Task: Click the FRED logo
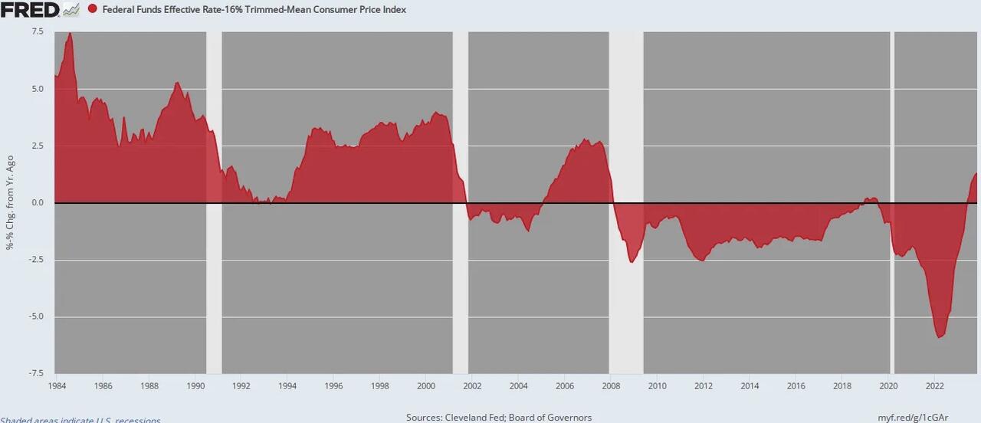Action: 31,9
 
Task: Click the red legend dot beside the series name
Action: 93,10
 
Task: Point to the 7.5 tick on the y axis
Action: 38,31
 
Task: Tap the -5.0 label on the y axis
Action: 36,316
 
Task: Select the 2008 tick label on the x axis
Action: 611,385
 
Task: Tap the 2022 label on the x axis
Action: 934,385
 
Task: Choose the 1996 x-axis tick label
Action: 334,385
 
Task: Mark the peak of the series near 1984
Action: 70,34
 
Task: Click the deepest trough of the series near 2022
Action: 940,336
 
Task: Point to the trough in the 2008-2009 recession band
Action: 632,262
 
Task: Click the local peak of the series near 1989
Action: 177,83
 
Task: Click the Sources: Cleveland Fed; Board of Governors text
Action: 498,418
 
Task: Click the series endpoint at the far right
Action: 976,174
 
